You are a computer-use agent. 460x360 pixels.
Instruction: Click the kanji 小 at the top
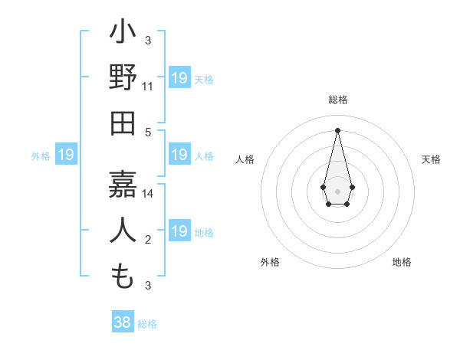click(123, 34)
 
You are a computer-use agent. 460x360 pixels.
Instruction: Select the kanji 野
click(123, 79)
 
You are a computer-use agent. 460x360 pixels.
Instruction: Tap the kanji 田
click(123, 124)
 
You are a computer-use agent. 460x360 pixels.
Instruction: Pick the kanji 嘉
click(123, 184)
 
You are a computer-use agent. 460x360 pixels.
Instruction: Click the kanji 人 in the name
click(123, 231)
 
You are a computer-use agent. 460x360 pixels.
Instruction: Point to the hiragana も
click(123, 276)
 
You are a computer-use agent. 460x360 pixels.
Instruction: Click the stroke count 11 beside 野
click(148, 86)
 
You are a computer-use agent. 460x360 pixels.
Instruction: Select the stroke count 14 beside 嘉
click(148, 194)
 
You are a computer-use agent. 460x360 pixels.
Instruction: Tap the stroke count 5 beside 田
click(148, 131)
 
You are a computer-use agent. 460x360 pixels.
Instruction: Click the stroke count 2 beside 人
click(148, 241)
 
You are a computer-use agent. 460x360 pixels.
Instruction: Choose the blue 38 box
click(123, 322)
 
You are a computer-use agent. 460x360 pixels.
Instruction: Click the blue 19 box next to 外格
click(66, 155)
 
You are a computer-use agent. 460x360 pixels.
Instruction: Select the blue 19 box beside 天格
click(179, 78)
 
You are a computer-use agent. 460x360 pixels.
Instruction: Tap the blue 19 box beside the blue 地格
click(179, 231)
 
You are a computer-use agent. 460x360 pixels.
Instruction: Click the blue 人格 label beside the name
click(204, 155)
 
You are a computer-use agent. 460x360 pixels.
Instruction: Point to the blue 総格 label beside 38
click(147, 323)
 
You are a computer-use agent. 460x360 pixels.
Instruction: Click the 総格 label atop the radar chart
click(337, 100)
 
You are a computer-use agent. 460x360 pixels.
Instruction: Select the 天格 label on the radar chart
click(432, 159)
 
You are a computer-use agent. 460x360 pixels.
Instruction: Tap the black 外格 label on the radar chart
click(270, 262)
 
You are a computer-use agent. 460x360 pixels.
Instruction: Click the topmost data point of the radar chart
click(337, 129)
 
